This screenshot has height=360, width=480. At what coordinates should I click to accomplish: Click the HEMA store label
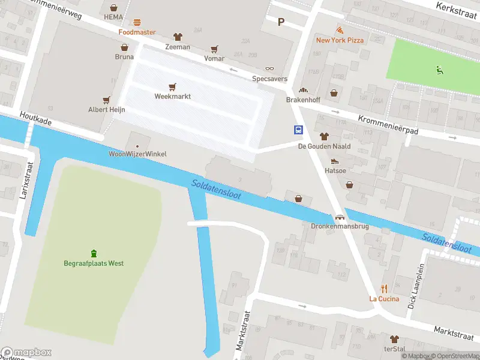113,17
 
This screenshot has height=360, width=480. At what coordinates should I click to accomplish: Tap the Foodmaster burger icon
137,23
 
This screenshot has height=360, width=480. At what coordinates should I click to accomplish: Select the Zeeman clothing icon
177,37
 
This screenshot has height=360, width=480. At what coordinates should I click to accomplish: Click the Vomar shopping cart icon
214,49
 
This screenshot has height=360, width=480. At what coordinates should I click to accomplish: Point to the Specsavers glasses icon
269,69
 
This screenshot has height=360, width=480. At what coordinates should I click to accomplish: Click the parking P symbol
280,22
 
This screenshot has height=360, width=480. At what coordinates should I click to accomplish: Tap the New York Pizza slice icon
340,30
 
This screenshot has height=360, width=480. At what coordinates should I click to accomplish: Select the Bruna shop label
124,57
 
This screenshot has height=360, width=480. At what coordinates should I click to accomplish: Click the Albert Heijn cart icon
107,100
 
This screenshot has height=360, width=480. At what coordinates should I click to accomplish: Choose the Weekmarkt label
173,96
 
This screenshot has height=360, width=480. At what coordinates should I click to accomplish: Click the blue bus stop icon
298,130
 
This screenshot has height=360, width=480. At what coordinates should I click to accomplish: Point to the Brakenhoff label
303,100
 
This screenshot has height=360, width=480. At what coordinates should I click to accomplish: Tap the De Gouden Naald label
324,146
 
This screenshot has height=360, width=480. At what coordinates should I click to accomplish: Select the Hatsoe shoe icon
335,161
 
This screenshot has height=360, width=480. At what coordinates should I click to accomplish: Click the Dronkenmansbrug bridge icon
340,218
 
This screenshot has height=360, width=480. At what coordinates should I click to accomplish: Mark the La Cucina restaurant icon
384,289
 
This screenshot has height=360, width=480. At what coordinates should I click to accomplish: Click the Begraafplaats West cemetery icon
94,253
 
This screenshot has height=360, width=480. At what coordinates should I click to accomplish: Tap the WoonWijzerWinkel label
137,154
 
